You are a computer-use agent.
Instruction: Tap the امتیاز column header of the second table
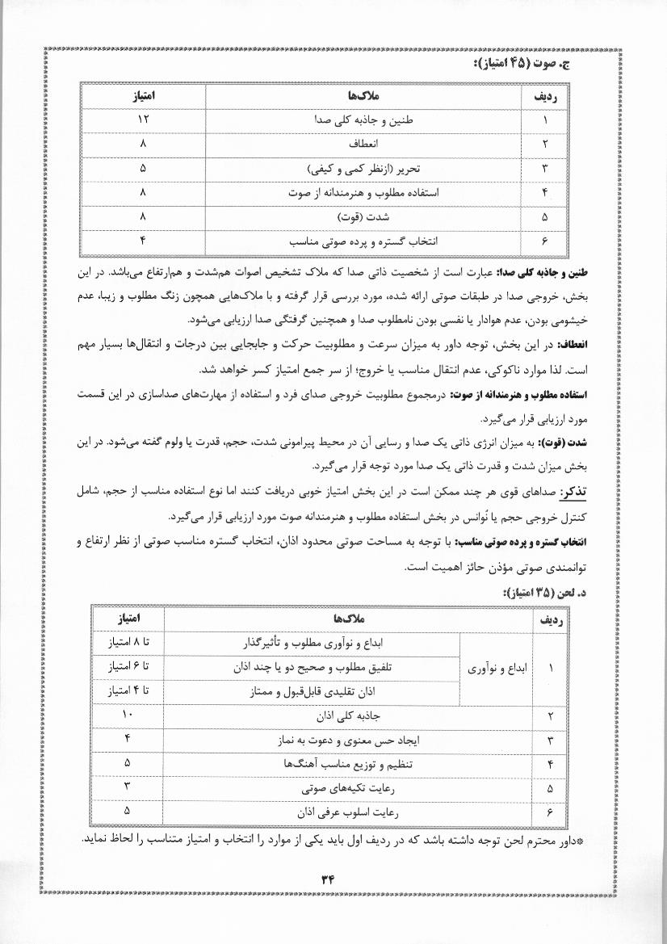[x=128, y=619]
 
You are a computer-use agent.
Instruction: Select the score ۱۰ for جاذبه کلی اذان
[x=128, y=715]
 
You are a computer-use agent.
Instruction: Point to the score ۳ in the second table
[x=128, y=787]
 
